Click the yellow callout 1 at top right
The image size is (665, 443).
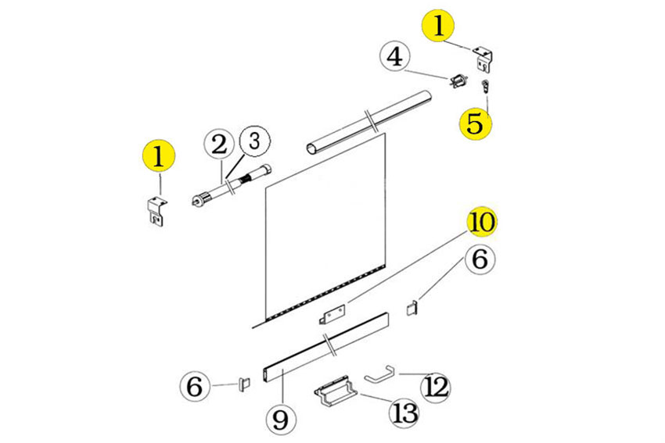439,26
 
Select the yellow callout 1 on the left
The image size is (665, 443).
159,156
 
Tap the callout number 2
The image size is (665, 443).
220,145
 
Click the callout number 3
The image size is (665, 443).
254,141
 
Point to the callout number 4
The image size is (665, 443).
395,56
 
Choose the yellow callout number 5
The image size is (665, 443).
476,123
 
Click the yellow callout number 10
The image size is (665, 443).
483,222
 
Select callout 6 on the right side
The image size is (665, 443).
480,259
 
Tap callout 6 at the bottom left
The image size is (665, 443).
195,386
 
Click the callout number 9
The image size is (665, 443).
281,419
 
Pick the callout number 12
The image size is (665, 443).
436,387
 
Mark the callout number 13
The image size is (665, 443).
404,412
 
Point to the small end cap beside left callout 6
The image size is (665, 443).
245,384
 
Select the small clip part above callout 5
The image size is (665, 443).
485,88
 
